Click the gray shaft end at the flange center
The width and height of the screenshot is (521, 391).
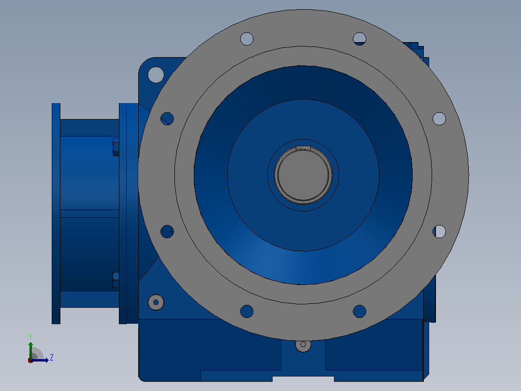pos(303,175)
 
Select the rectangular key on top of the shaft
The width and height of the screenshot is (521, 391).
pos(303,148)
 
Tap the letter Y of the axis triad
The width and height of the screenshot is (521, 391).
pos(30,336)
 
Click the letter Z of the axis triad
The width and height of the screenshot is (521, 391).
pos(52,358)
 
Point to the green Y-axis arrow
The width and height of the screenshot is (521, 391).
pos(30,350)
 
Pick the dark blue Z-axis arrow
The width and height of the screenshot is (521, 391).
pos(40,360)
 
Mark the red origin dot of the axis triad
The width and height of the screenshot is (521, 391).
pos(30,361)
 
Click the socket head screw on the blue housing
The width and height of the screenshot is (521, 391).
pos(156,302)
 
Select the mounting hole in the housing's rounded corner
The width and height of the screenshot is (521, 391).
pos(156,75)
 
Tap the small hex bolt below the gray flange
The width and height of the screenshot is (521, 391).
pos(303,345)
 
